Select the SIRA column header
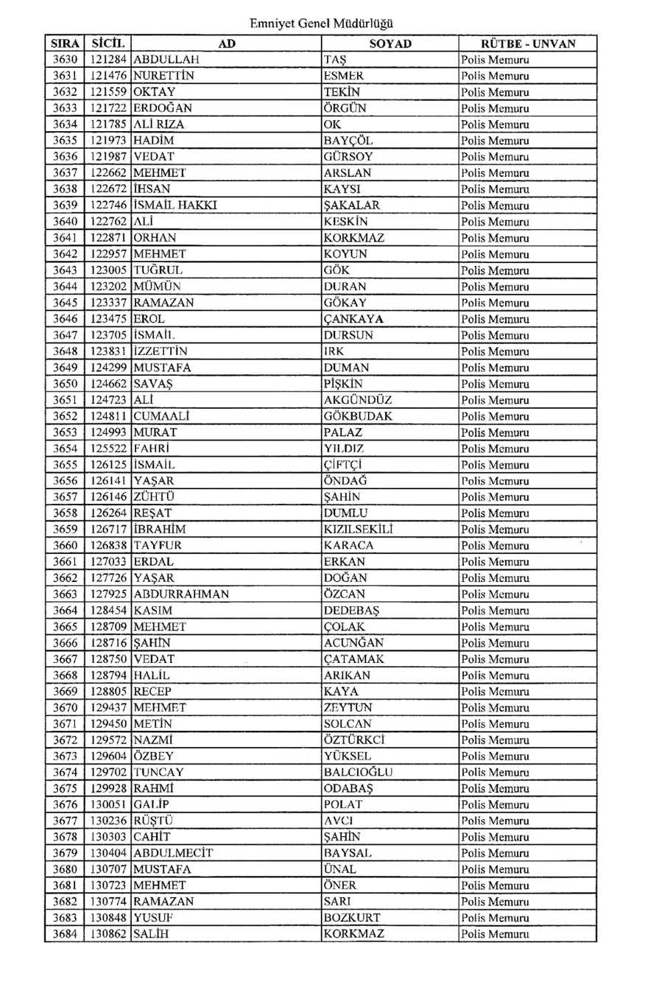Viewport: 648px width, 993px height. pyautogui.click(x=65, y=43)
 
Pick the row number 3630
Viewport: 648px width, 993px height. pyautogui.click(x=65, y=60)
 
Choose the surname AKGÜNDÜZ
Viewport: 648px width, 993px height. pyautogui.click(x=358, y=400)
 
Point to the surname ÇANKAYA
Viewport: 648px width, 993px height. pyautogui.click(x=356, y=319)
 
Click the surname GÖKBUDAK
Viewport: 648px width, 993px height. pyautogui.click(x=358, y=416)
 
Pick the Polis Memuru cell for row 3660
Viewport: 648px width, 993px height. pyautogui.click(x=494, y=546)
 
